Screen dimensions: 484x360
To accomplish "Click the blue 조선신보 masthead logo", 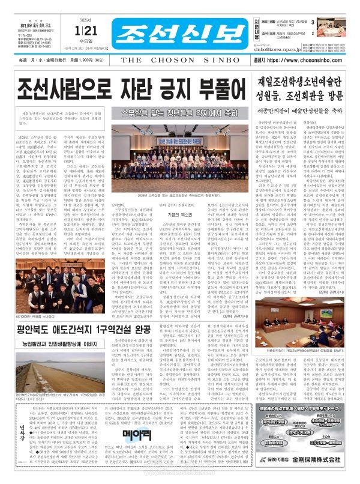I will [x=162, y=28].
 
